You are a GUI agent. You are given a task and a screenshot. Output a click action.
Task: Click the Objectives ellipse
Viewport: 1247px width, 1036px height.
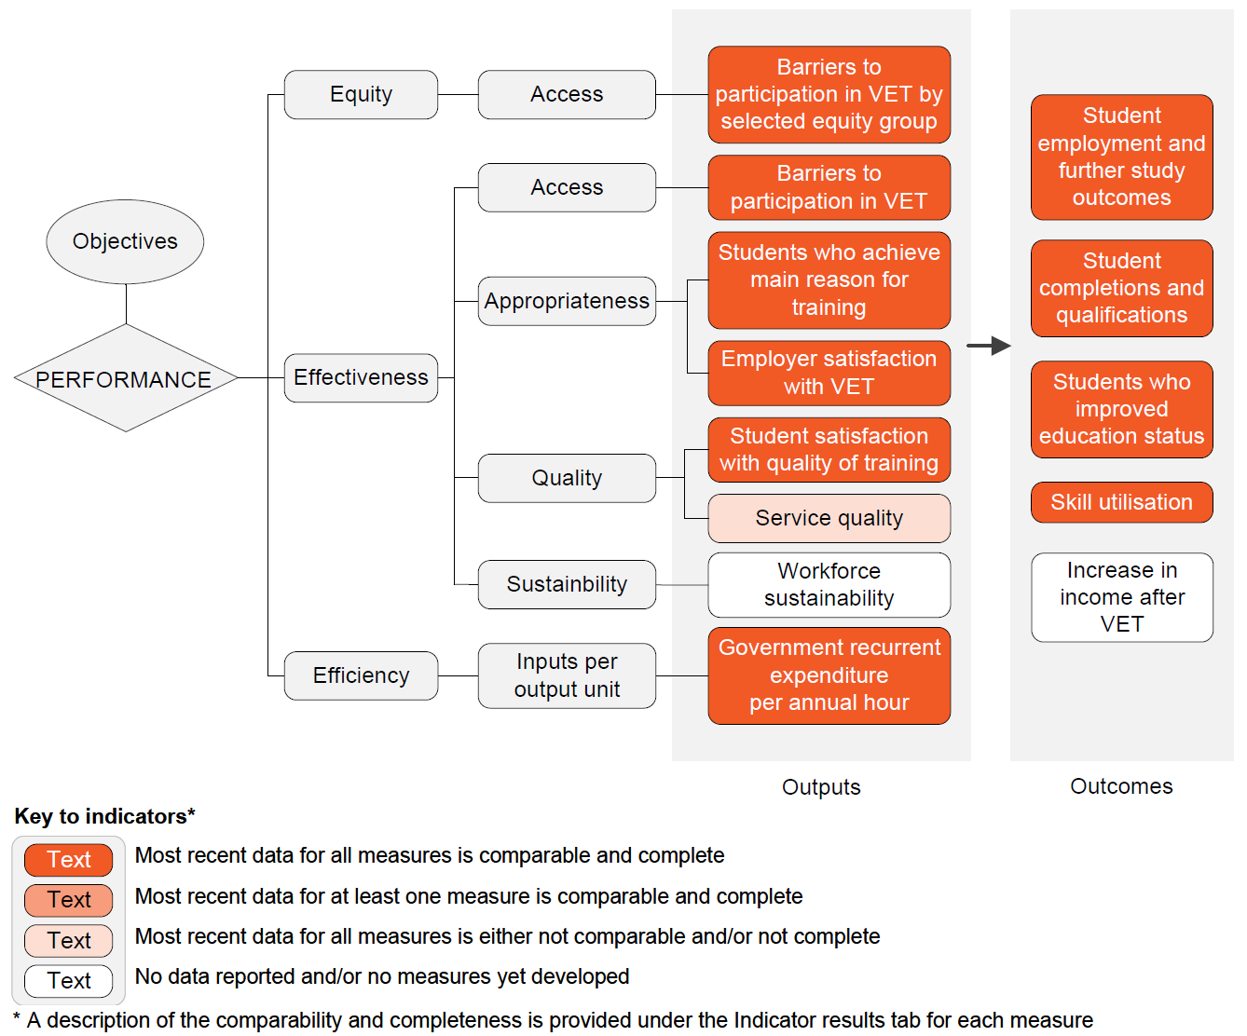click(125, 241)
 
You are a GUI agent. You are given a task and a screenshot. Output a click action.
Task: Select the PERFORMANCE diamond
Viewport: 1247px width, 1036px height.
click(126, 378)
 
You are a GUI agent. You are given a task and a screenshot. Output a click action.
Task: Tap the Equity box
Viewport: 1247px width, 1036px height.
click(361, 95)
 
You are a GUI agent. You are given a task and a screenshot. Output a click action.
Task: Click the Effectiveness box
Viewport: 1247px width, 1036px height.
click(361, 377)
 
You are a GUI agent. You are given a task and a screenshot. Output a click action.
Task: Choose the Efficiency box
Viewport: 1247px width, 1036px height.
click(361, 675)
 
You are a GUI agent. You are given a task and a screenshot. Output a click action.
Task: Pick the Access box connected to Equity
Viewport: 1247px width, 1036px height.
click(567, 95)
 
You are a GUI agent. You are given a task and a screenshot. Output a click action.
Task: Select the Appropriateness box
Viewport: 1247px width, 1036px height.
click(567, 301)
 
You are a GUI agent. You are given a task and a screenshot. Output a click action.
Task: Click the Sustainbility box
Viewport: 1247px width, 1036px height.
click(567, 584)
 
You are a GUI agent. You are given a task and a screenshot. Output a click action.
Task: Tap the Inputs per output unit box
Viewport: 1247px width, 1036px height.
click(567, 675)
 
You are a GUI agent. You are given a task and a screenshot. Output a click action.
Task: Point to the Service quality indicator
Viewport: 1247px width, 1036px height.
click(829, 518)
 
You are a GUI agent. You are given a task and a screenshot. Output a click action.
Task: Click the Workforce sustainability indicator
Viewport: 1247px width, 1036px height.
click(829, 585)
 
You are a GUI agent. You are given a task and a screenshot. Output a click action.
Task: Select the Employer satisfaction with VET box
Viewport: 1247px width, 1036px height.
click(829, 373)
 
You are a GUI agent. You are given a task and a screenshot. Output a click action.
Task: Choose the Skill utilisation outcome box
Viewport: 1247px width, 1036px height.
click(1121, 502)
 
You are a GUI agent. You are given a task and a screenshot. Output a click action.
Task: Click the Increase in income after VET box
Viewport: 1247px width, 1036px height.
click(1121, 597)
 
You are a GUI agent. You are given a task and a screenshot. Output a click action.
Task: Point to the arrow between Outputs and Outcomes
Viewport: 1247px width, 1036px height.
click(989, 346)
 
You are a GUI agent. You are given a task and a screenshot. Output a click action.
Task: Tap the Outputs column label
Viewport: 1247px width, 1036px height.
click(821, 787)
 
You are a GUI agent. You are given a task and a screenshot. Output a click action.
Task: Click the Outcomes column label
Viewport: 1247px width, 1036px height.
click(1121, 786)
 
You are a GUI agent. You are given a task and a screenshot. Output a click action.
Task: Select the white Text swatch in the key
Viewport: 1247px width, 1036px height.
click(69, 981)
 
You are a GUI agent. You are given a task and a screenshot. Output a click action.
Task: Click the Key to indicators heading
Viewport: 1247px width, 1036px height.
click(104, 816)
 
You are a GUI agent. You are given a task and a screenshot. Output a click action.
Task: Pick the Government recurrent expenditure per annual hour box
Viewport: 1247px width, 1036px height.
click(829, 675)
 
